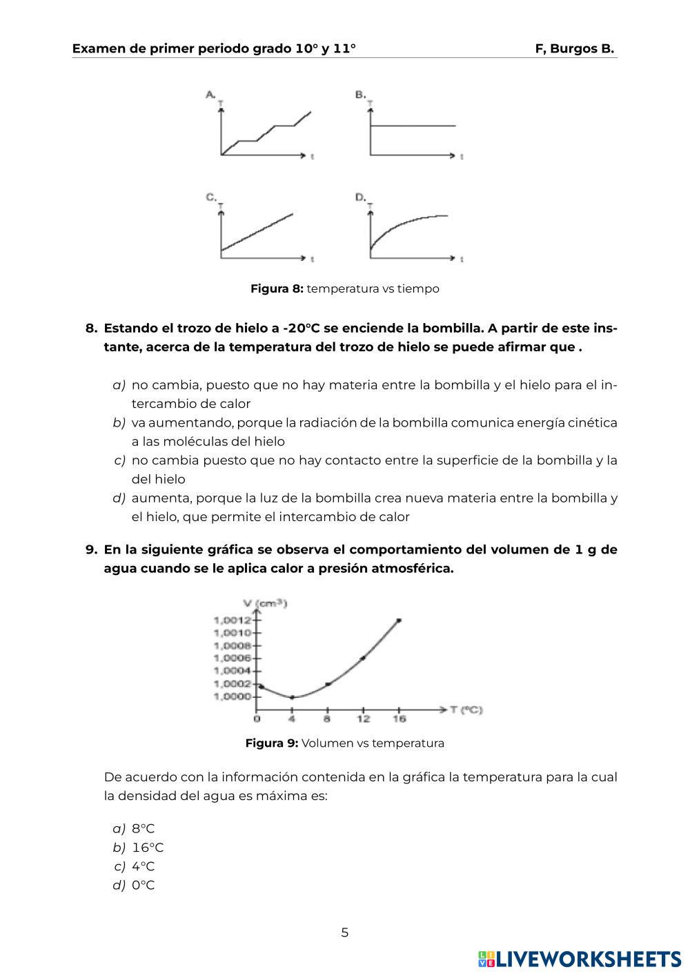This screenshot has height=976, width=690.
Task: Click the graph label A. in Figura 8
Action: point(211,94)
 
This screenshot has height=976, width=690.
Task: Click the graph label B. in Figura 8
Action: point(360,94)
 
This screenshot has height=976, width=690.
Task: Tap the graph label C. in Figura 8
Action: point(211,197)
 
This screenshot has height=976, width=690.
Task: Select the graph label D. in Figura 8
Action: point(360,197)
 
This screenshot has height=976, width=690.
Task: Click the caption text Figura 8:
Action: point(277,289)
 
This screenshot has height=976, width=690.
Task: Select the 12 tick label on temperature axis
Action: point(363,719)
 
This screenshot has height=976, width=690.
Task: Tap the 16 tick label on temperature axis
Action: point(399,719)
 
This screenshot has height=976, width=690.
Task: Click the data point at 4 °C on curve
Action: point(292,697)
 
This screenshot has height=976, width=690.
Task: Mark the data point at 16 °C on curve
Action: point(399,621)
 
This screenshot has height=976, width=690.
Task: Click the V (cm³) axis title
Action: point(266,603)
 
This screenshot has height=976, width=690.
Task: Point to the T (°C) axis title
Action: point(471,709)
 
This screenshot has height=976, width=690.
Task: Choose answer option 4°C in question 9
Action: point(144,866)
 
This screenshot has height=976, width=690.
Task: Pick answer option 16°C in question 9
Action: point(148,848)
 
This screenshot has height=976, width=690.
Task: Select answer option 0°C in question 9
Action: point(144,885)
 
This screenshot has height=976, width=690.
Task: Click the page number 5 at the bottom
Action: point(345,933)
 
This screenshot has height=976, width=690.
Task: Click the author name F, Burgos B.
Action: point(574,49)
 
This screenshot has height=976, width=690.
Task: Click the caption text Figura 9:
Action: point(272,743)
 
